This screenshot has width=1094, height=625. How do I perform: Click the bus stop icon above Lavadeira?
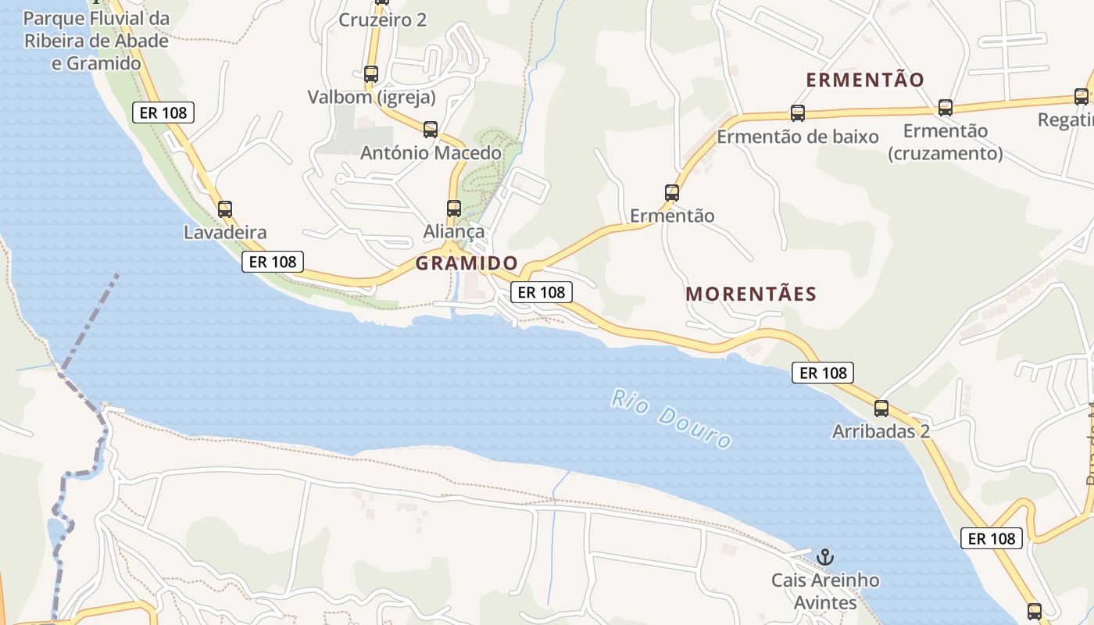[x=225, y=209]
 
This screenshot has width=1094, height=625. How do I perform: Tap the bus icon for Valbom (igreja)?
[x=371, y=74]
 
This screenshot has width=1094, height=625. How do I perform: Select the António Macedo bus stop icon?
[x=431, y=130]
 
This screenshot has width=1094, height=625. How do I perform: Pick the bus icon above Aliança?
[x=454, y=209]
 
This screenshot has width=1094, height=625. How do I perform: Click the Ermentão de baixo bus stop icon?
[x=798, y=113]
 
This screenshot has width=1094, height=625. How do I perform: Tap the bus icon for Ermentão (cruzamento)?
[x=946, y=108]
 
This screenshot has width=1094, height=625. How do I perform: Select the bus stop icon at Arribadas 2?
[x=881, y=408]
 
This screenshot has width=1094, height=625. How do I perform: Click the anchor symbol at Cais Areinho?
[x=825, y=557]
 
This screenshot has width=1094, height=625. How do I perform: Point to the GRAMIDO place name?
[x=467, y=263]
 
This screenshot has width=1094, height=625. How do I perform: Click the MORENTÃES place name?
[x=751, y=295]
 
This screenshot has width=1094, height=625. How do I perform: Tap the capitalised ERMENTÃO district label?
[x=865, y=80]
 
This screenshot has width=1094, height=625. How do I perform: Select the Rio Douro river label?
[x=672, y=419]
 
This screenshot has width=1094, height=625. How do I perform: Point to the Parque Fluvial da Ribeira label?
[x=96, y=41]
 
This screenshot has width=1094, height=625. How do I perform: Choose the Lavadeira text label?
[x=225, y=232]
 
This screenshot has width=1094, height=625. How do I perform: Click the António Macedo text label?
[x=431, y=153]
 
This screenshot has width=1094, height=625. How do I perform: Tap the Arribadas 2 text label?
[x=881, y=431]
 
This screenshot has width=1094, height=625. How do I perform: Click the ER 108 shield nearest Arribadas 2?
[x=823, y=373]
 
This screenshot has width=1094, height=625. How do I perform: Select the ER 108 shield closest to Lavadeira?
[x=272, y=262]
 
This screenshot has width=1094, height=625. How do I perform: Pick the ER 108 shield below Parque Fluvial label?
[x=163, y=112]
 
